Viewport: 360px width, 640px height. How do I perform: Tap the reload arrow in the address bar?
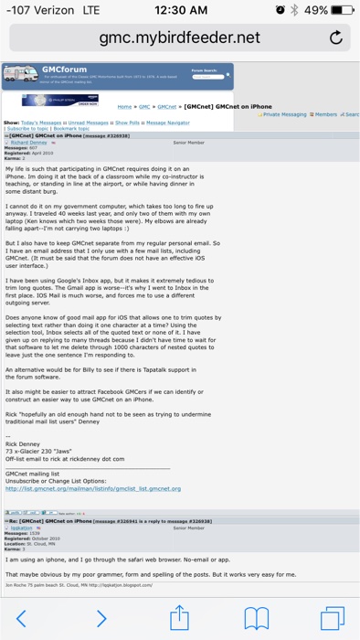(x=335, y=37)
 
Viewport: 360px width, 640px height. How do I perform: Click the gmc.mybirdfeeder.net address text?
(x=180, y=37)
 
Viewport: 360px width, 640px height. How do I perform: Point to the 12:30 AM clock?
(x=181, y=9)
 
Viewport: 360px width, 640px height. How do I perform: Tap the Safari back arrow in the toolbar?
(x=23, y=618)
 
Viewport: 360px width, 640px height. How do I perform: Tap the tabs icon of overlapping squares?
(x=334, y=618)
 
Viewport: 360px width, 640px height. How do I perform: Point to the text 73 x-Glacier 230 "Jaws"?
(x=46, y=452)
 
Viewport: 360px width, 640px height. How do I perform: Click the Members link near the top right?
(x=326, y=114)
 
